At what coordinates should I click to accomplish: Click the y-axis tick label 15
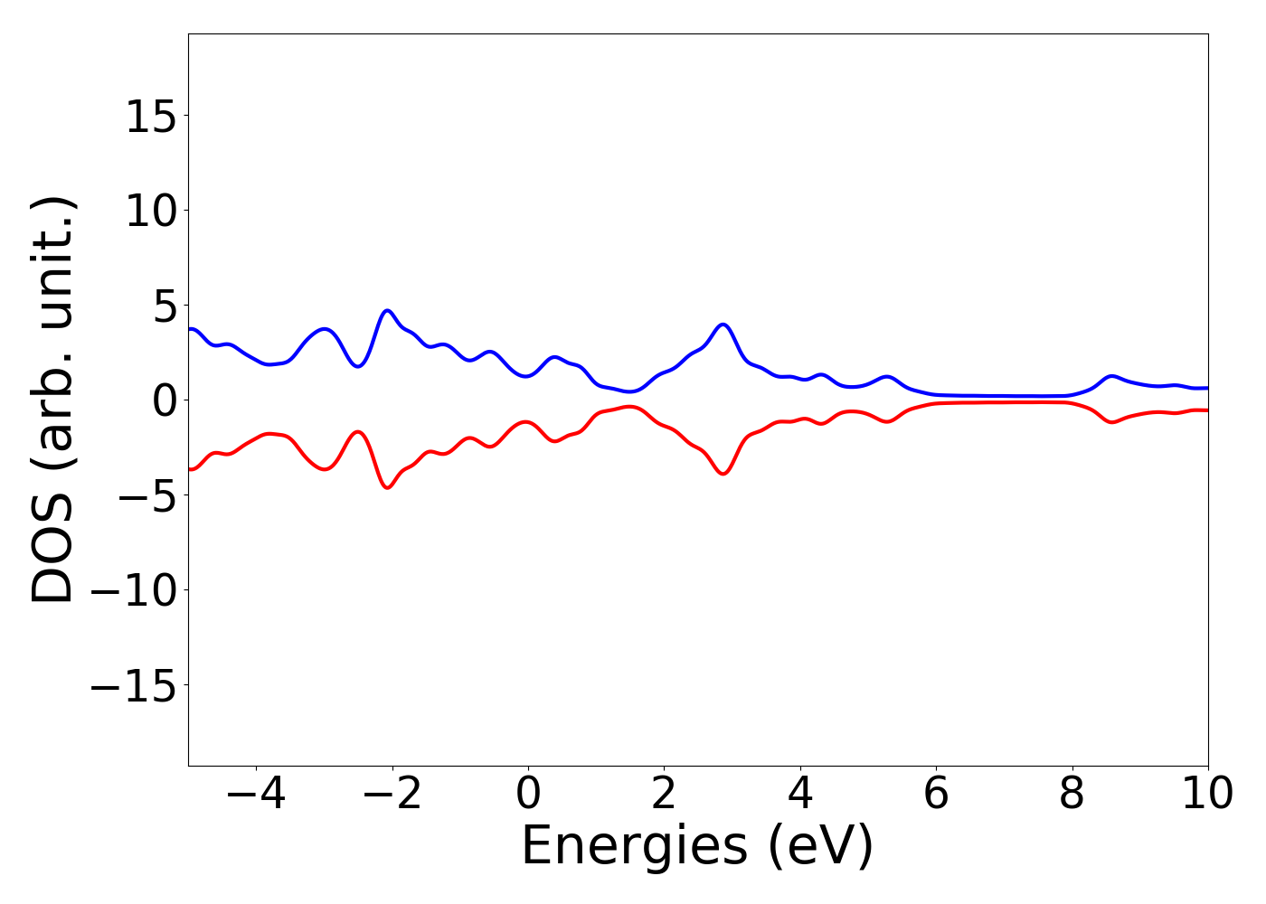coord(151,117)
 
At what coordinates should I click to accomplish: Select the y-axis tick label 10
coord(151,212)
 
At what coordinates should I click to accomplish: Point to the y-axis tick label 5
coord(163,306)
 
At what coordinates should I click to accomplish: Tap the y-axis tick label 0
coord(163,401)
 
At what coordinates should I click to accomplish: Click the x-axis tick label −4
coord(256,795)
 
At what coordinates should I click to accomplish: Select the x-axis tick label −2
coord(392,795)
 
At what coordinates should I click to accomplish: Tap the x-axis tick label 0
coord(528,795)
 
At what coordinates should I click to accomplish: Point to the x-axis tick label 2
coord(664,795)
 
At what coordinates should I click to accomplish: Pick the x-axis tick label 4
coord(800,795)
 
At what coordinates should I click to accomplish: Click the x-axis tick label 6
coord(936,795)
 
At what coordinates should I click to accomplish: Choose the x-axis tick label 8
coord(1072,795)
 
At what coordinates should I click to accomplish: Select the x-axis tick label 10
coord(1206,795)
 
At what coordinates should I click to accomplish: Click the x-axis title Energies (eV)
coord(697,847)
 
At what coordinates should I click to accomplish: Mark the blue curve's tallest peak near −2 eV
coord(387,310)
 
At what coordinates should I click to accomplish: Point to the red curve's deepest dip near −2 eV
coord(387,488)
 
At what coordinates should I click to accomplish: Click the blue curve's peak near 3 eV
coord(723,324)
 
